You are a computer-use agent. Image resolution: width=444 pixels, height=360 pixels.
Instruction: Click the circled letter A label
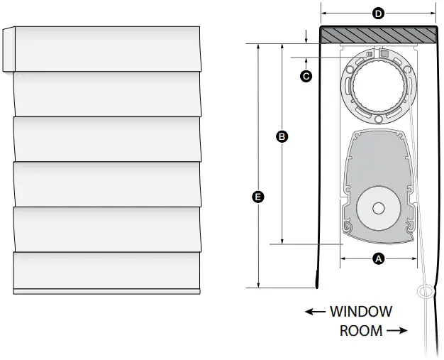click(x=378, y=258)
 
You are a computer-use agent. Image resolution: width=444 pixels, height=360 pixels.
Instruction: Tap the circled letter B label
click(x=282, y=136)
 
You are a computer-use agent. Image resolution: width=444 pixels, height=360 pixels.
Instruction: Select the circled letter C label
click(x=306, y=76)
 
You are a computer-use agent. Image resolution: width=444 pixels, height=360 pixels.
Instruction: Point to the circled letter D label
click(x=378, y=13)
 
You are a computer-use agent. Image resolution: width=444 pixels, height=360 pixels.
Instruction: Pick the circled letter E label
click(x=258, y=197)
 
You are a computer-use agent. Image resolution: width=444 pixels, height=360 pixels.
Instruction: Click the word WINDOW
click(x=361, y=312)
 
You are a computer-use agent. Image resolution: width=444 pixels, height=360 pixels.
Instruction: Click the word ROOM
click(x=361, y=331)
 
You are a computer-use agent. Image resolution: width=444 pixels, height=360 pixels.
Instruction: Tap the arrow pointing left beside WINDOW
click(x=315, y=312)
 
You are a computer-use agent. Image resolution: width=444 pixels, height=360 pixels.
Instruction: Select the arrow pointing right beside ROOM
click(x=397, y=330)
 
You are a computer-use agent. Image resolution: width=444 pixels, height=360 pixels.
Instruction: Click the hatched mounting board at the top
click(x=378, y=35)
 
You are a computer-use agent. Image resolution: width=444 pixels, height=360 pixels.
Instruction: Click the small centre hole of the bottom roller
click(x=379, y=209)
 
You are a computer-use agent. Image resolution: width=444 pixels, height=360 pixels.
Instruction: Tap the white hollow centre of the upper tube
click(x=379, y=86)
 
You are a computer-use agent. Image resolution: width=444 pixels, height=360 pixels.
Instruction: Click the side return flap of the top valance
click(x=9, y=49)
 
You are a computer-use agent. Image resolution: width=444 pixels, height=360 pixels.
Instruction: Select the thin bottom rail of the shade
click(x=107, y=291)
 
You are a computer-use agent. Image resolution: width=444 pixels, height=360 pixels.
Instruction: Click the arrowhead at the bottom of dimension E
click(x=258, y=285)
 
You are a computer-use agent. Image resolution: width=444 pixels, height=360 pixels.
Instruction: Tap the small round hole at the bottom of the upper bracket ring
click(x=378, y=119)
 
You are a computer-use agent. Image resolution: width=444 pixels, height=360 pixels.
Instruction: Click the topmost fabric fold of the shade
click(x=108, y=49)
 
